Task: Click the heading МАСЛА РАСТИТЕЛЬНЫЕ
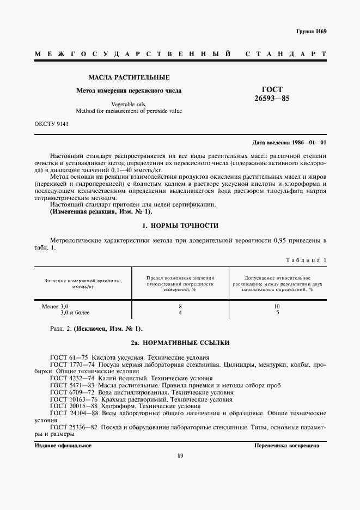pos(129,77)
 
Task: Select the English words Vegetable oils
pos(129,104)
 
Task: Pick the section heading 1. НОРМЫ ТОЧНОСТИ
pos(180,225)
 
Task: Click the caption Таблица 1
pos(306,260)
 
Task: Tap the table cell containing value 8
pos(180,306)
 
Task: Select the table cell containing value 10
pos(277,306)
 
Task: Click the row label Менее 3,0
pos(56,306)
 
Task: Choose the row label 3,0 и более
pos(75,313)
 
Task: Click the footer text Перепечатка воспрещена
pos(286,445)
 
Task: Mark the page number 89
pos(180,456)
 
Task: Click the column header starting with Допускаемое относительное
pos(277,283)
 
